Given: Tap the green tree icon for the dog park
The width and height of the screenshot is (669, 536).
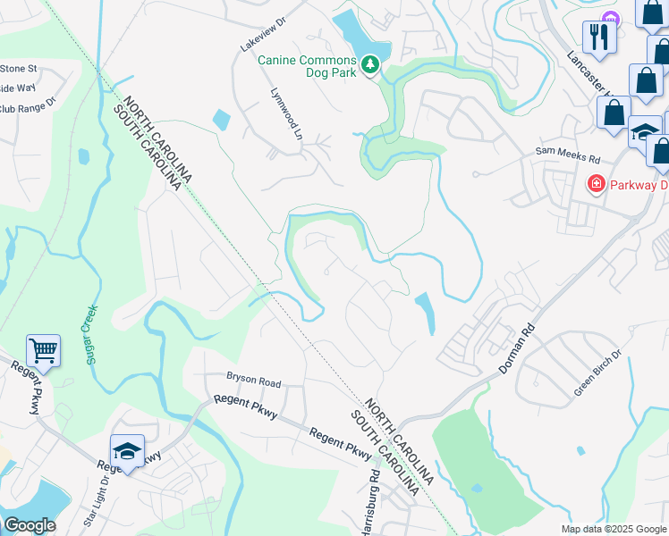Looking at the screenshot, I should click(x=370, y=64).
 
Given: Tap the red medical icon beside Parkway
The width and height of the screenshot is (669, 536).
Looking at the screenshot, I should click(x=595, y=184).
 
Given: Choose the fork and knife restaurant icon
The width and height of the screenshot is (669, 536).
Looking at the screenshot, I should click(x=597, y=37).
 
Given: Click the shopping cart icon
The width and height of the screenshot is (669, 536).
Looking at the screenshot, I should click(x=43, y=349).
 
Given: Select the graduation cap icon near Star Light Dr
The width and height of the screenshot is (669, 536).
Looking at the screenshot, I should click(x=127, y=452).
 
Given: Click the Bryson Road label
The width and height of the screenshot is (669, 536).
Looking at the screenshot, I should click(x=253, y=381).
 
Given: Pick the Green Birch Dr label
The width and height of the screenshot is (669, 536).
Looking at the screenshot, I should click(x=597, y=373).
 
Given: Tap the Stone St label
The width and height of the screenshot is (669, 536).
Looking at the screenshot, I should click(x=18, y=68).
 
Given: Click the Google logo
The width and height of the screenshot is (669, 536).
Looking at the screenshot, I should click(x=29, y=525).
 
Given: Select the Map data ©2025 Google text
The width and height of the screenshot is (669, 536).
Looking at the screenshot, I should click(x=613, y=529).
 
